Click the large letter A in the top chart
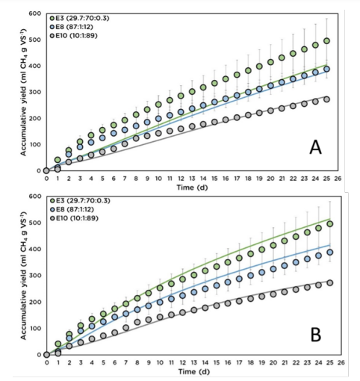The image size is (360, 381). [315, 147]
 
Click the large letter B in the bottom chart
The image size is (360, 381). [316, 335]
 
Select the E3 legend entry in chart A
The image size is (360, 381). [80, 18]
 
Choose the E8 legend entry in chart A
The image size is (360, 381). [72, 27]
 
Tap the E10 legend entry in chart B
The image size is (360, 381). [74, 218]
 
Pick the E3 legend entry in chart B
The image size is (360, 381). [80, 200]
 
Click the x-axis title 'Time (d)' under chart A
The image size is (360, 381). [192, 188]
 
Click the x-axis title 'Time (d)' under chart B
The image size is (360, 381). [194, 372]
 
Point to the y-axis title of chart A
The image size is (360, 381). [23, 92]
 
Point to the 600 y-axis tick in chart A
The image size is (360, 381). [35, 13]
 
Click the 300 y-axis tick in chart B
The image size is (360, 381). [35, 276]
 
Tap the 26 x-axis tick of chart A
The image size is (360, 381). [338, 179]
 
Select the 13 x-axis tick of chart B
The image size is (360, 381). [194, 362]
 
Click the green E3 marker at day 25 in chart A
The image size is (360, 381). [326, 41]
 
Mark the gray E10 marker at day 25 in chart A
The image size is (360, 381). [326, 99]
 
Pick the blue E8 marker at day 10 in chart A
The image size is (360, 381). [158, 119]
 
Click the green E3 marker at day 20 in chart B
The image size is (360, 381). [273, 245]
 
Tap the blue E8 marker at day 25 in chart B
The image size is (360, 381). [330, 253]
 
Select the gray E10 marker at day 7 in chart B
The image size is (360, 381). [126, 328]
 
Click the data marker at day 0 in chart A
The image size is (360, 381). [46, 170]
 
